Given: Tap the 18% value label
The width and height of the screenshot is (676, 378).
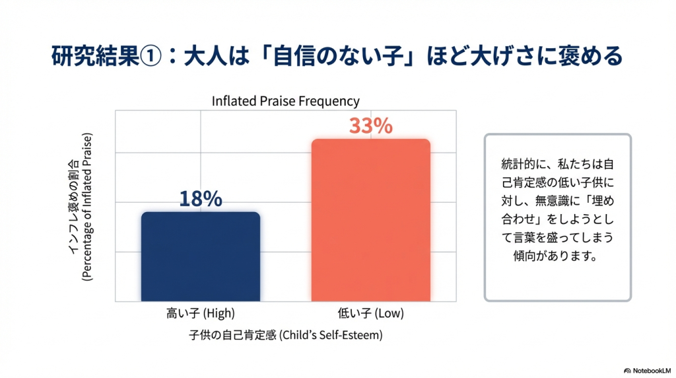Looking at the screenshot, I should point(201,199).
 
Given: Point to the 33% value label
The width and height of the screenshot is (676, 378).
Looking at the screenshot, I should point(370,126).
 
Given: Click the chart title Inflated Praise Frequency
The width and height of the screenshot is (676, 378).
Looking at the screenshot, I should point(285,101).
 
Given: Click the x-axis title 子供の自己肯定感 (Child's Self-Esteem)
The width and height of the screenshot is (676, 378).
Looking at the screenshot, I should point(285,335).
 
